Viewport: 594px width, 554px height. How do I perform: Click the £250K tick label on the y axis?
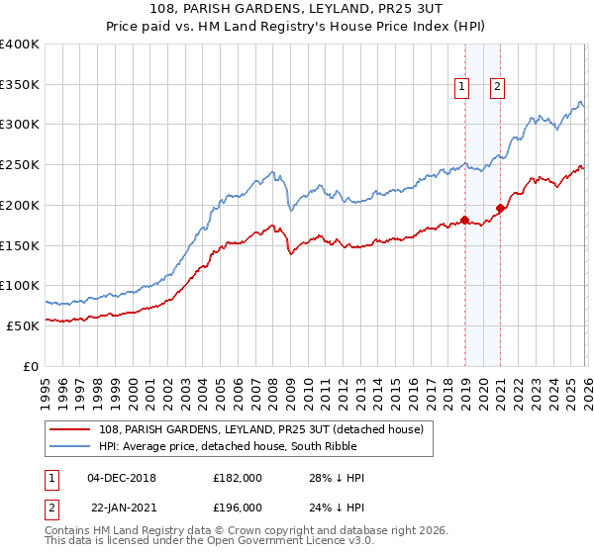pos(20,165)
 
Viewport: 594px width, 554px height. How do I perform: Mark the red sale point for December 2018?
pos(464,220)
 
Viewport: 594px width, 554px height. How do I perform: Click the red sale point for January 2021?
pos(501,208)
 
